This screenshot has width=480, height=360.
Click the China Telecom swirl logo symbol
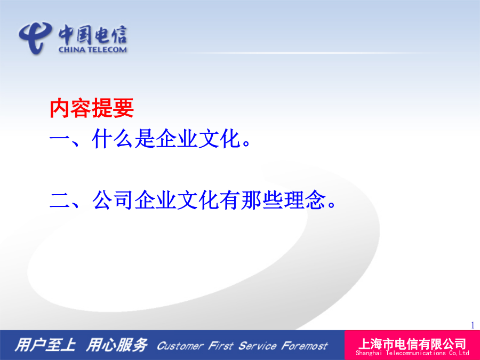click(x=35, y=37)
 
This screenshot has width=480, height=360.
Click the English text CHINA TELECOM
click(x=93, y=50)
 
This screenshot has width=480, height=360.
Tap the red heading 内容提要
click(x=92, y=108)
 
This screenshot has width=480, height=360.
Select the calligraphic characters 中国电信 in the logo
click(x=93, y=34)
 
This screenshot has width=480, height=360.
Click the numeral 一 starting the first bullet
click(x=60, y=139)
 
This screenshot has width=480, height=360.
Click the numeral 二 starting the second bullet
click(x=60, y=201)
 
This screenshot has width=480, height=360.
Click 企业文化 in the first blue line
click(x=198, y=139)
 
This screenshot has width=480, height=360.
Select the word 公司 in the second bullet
click(x=113, y=200)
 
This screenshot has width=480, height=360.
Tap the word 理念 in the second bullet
click(x=305, y=200)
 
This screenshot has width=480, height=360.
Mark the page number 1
click(x=473, y=325)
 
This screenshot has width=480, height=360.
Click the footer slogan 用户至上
click(x=45, y=345)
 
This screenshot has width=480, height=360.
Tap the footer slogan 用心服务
click(x=117, y=345)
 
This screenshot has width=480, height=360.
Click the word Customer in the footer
click(x=180, y=346)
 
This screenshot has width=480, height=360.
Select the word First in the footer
click(x=220, y=346)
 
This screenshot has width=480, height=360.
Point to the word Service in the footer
click(x=258, y=346)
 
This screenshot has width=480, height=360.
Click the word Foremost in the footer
click(x=305, y=346)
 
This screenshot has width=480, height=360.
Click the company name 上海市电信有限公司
click(x=412, y=344)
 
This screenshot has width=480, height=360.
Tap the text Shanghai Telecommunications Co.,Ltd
click(x=412, y=353)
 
